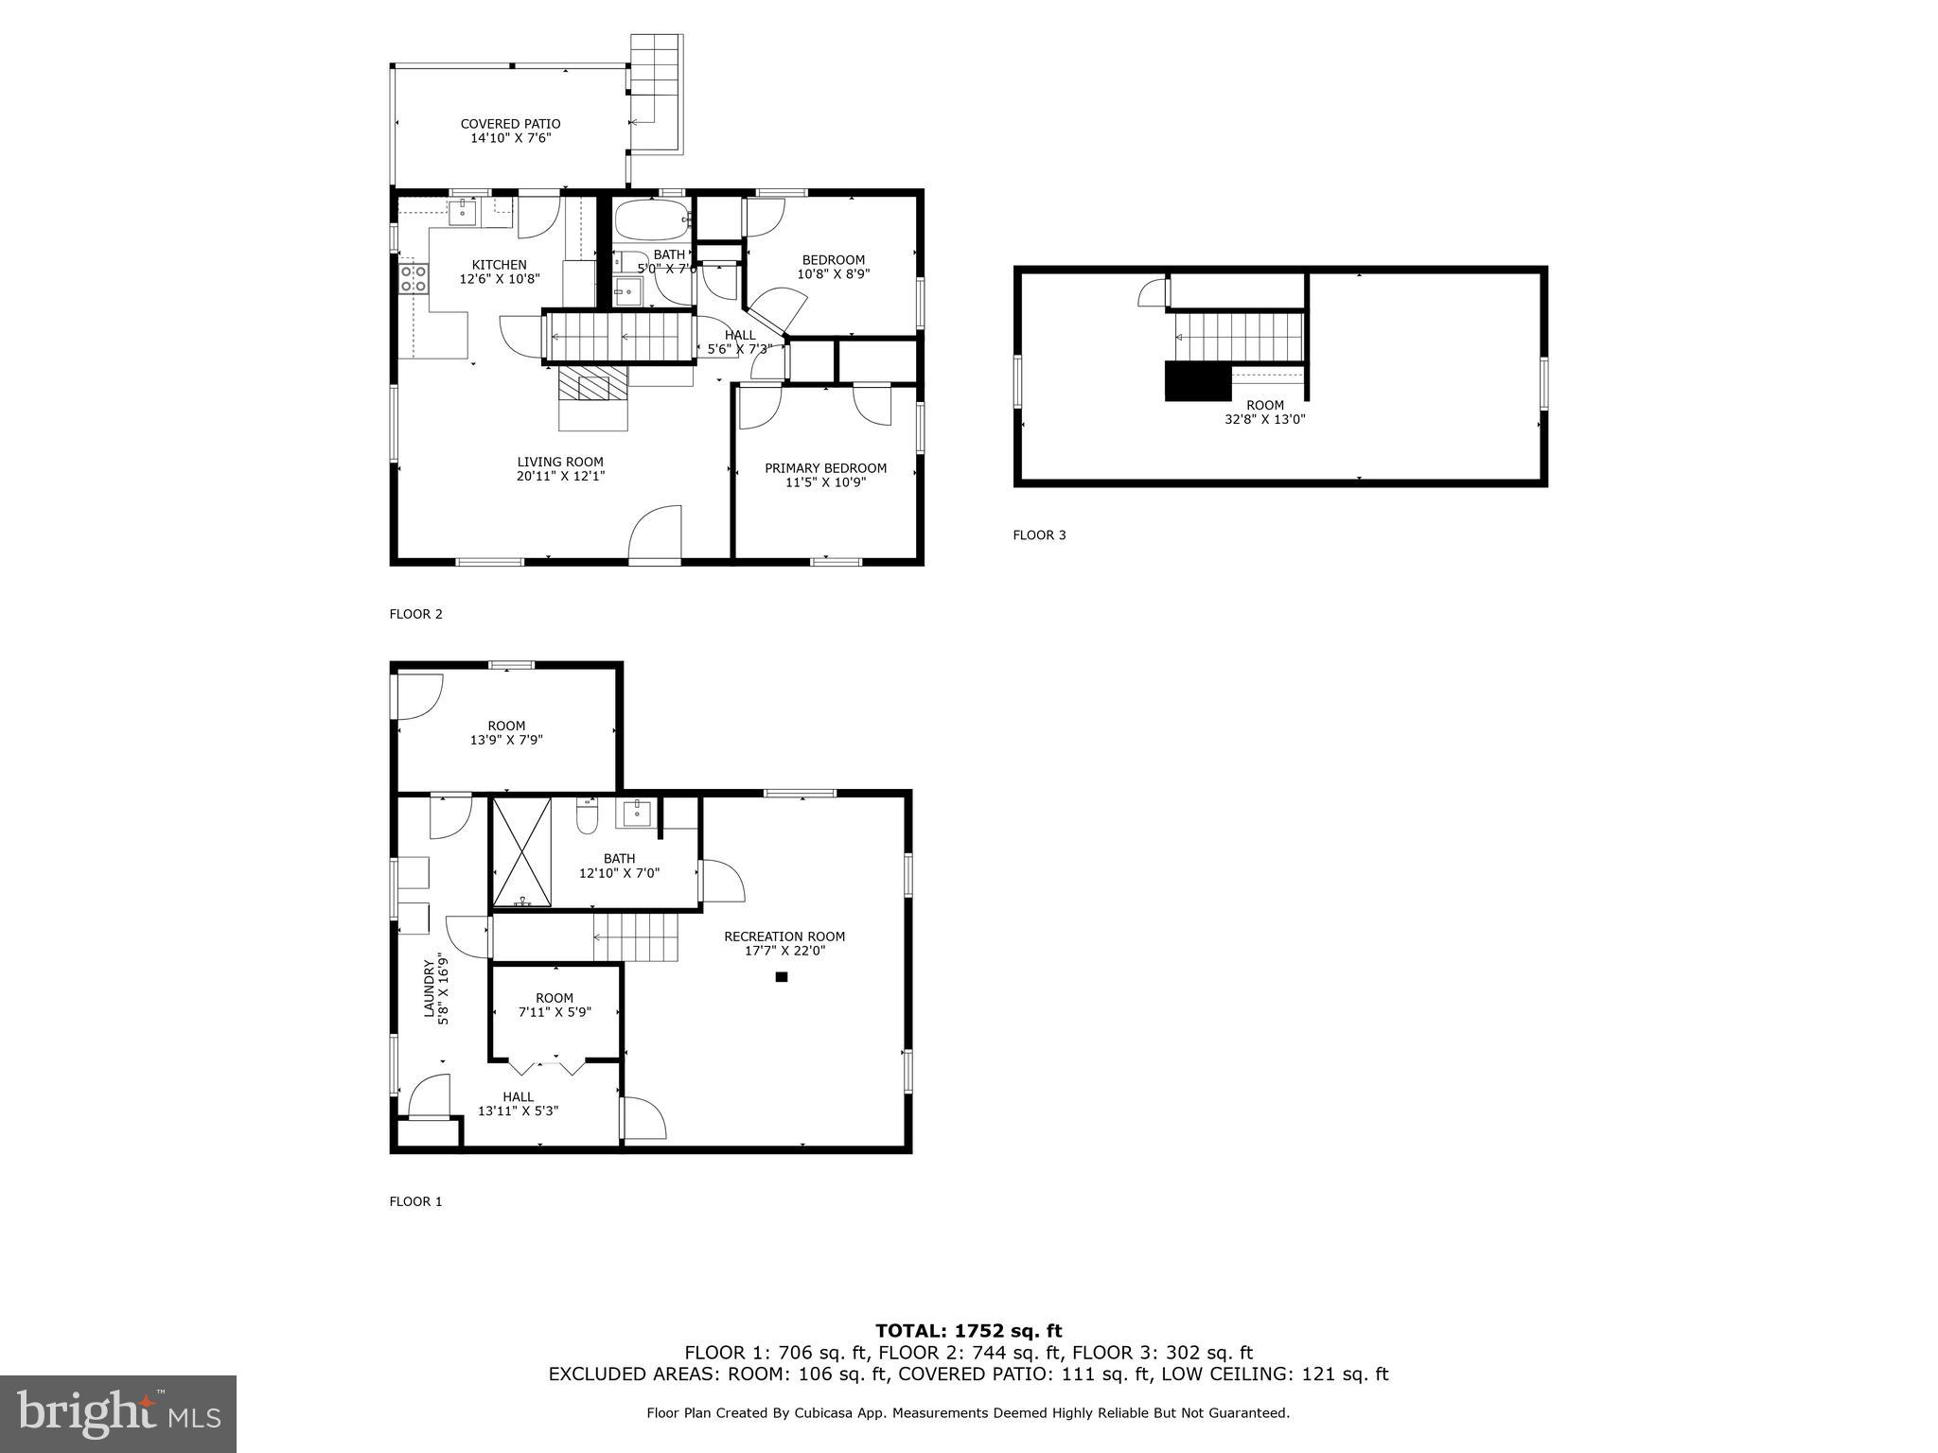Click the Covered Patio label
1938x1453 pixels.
pos(510,124)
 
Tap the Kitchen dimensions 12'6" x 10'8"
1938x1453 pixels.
pos(499,279)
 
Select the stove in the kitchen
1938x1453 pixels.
pos(413,278)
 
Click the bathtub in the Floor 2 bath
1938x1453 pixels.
pos(652,219)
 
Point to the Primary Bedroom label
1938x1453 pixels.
pos(825,468)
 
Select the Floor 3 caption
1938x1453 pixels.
pos(1039,535)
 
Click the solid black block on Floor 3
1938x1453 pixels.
pos(1197,381)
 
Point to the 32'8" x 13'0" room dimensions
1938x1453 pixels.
pos(1264,419)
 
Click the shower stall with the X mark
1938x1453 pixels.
pos(521,851)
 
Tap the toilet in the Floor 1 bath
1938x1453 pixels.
pos(588,816)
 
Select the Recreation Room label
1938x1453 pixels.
pos(784,937)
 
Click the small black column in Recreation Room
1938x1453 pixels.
pos(782,977)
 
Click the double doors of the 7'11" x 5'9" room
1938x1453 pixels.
pos(547,1066)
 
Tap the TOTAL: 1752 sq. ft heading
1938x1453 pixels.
pos(968,1332)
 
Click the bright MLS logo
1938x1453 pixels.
pos(118,1414)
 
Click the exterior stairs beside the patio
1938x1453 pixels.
pos(656,93)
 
